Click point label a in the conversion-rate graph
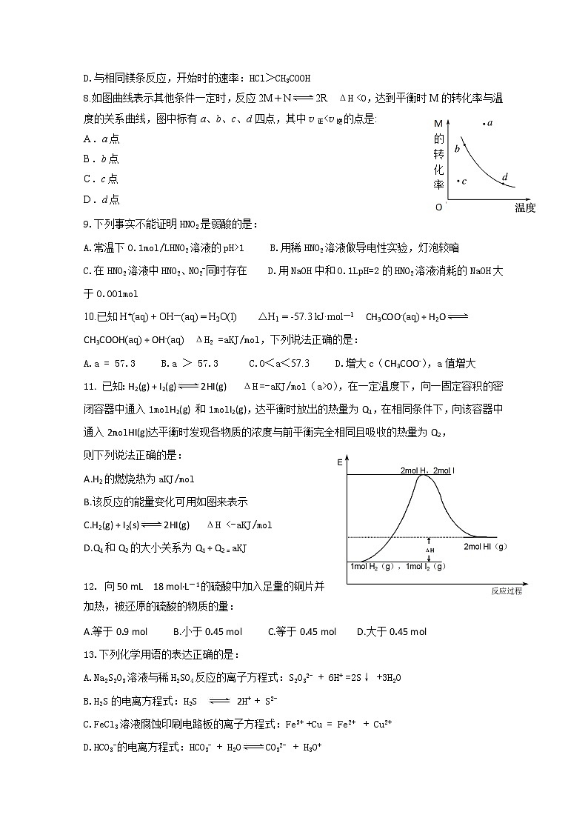[490, 122]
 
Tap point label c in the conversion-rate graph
[464, 181]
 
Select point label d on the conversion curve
[504, 177]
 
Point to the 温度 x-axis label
[524, 208]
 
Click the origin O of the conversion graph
[438, 207]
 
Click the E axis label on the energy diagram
[339, 462]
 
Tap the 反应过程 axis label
[507, 591]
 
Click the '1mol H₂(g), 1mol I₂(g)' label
[398, 567]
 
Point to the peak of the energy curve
[423, 475]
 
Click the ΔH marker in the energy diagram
[430, 550]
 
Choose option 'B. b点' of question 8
[101, 159]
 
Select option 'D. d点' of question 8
[101, 199]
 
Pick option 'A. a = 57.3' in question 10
[110, 363]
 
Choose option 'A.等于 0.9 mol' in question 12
[116, 632]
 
